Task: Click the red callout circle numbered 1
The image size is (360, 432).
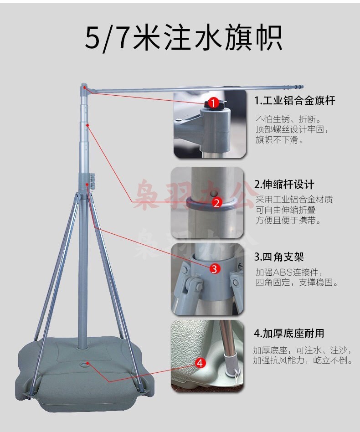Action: coord(213,103)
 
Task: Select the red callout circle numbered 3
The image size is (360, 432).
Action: coord(215,268)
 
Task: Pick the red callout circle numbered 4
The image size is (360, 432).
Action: coord(200,363)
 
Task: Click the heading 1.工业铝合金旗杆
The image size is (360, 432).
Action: coord(294,101)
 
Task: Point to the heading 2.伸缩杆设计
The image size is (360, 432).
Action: coord(284,184)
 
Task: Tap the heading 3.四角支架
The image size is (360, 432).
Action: coord(279,257)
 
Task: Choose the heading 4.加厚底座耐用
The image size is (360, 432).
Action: coord(289,333)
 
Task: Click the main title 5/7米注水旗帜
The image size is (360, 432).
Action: coord(184,38)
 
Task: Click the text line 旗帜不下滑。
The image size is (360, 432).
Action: coord(279,139)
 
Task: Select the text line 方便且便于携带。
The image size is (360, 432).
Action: coord(288,220)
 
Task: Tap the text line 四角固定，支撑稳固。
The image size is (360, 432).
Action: coord(297,282)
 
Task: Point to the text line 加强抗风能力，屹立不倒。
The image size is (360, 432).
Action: coord(303,360)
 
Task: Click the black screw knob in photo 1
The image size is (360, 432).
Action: coord(215,104)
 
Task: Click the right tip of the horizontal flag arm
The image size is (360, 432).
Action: coord(303,87)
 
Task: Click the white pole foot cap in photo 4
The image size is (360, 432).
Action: coord(230,365)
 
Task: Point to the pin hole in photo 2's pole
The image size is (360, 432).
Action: coord(213,193)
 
